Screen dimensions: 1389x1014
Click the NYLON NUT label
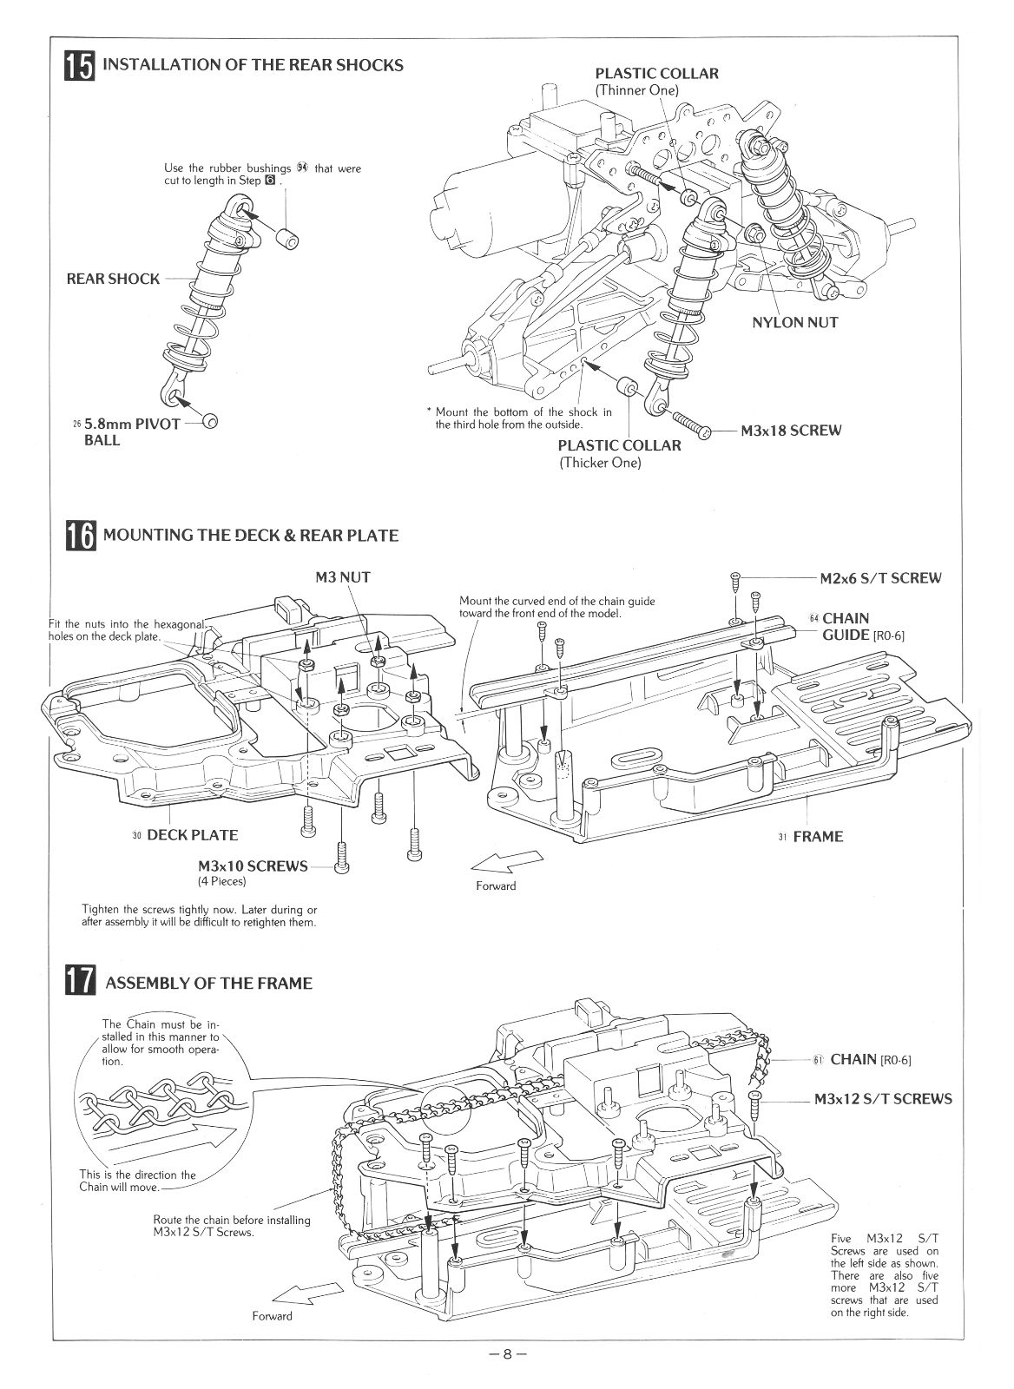click(x=794, y=322)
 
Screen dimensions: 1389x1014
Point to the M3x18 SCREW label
click(x=791, y=431)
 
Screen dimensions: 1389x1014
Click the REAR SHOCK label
click(x=113, y=279)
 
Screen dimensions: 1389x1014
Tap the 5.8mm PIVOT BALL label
click(x=126, y=431)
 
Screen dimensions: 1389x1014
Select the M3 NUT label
click(x=343, y=577)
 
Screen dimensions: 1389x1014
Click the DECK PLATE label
click(x=192, y=835)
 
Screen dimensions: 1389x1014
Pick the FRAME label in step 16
click(x=817, y=837)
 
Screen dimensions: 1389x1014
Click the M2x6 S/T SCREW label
click(x=879, y=578)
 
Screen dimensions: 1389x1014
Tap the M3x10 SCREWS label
click(x=253, y=866)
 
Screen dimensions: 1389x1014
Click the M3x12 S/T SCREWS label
click(x=882, y=1099)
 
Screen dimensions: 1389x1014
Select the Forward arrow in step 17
click(x=307, y=1291)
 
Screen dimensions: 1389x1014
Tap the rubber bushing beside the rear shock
click(x=286, y=237)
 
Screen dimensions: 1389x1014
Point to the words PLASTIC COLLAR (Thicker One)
click(x=618, y=453)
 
